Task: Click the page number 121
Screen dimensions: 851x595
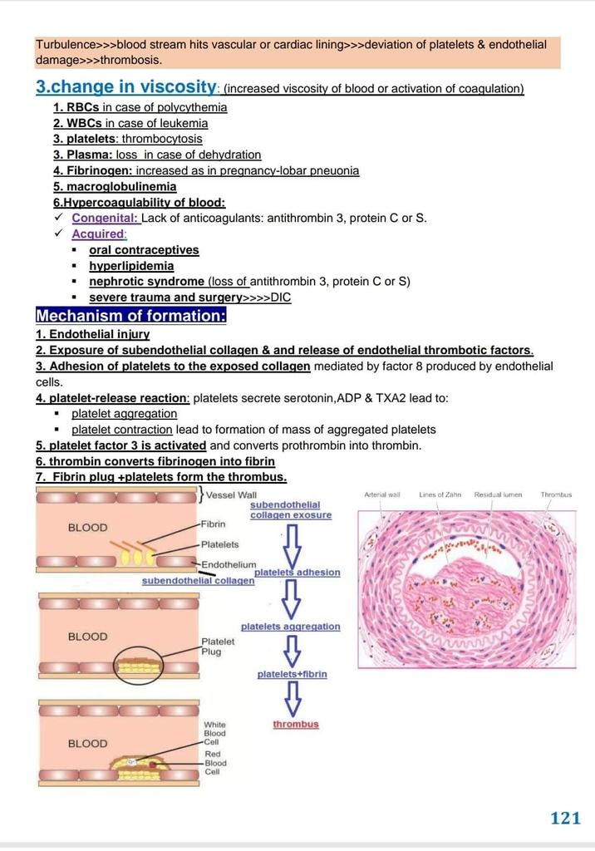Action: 565,818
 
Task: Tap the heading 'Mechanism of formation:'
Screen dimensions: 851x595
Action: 131,316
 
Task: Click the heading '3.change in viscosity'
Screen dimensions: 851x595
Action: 126,86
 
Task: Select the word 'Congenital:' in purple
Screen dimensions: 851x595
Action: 106,218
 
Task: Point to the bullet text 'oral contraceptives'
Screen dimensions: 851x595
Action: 144,249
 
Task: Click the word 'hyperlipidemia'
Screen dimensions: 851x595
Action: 131,266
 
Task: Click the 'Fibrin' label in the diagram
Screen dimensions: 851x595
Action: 214,524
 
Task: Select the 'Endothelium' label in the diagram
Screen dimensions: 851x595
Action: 229,565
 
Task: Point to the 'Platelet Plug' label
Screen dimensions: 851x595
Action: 218,646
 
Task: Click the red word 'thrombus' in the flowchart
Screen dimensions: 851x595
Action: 296,725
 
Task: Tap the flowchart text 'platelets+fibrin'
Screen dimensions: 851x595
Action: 292,674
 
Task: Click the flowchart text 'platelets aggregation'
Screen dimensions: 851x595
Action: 290,626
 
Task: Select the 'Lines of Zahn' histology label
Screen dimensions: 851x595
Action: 440,494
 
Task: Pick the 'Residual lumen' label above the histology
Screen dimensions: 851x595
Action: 498,494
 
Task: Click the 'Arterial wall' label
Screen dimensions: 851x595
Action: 382,494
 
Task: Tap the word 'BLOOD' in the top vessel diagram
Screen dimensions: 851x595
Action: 87,528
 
